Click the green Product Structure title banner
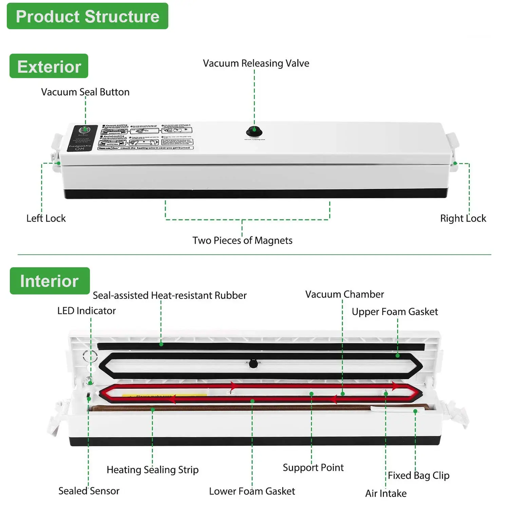pyautogui.click(x=87, y=16)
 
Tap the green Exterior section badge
pyautogui.click(x=49, y=66)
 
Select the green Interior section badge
pyautogui.click(x=50, y=281)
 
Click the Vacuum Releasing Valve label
pyautogui.click(x=256, y=63)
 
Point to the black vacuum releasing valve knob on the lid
pyautogui.click(x=254, y=131)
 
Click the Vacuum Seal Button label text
pyautogui.click(x=85, y=92)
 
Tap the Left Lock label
pyautogui.click(x=46, y=218)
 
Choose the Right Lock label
pyautogui.click(x=463, y=218)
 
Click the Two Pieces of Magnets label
pyautogui.click(x=242, y=240)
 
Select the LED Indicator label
pyautogui.click(x=86, y=311)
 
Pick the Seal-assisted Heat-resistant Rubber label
pyautogui.click(x=170, y=295)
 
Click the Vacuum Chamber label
pyautogui.click(x=344, y=294)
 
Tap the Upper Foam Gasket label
pyautogui.click(x=395, y=312)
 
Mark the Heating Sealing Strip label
pyautogui.click(x=152, y=470)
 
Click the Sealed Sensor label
pyautogui.click(x=89, y=491)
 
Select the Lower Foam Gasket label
pyautogui.click(x=252, y=491)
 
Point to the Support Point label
pyautogui.click(x=313, y=468)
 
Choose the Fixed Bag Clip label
pyautogui.click(x=418, y=475)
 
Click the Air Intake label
pyautogui.click(x=386, y=493)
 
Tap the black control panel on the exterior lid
pyautogui.click(x=81, y=138)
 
